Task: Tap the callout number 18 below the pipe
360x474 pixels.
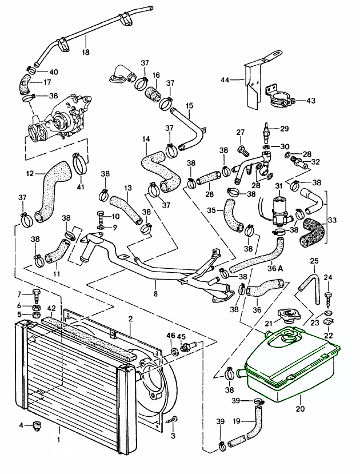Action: pyautogui.click(x=86, y=53)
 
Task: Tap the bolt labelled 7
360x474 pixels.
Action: pyautogui.click(x=38, y=296)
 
